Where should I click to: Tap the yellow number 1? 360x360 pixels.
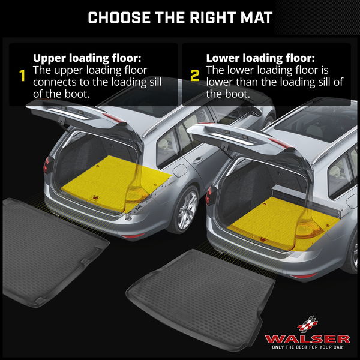click(x=22, y=76)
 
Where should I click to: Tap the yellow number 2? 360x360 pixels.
click(x=194, y=76)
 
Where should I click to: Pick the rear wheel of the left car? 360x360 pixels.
click(x=185, y=207)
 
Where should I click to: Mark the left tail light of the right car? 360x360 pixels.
click(x=209, y=198)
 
